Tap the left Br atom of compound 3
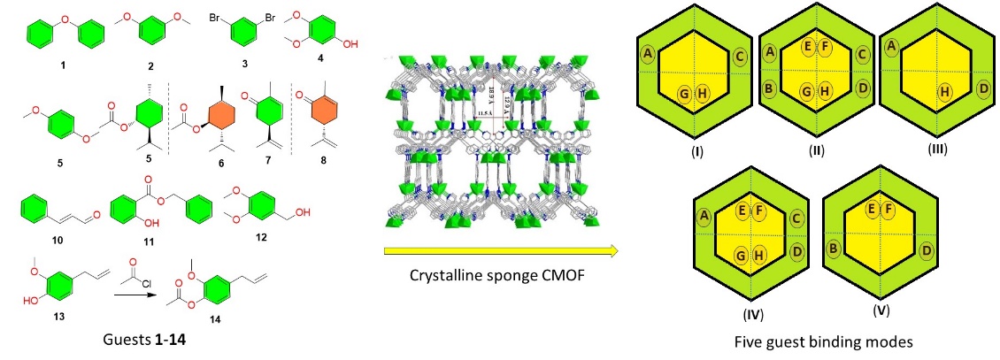tap(212, 17)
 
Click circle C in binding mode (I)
tap(738, 56)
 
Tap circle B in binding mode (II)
tap(770, 88)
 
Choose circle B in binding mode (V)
tap(833, 249)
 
